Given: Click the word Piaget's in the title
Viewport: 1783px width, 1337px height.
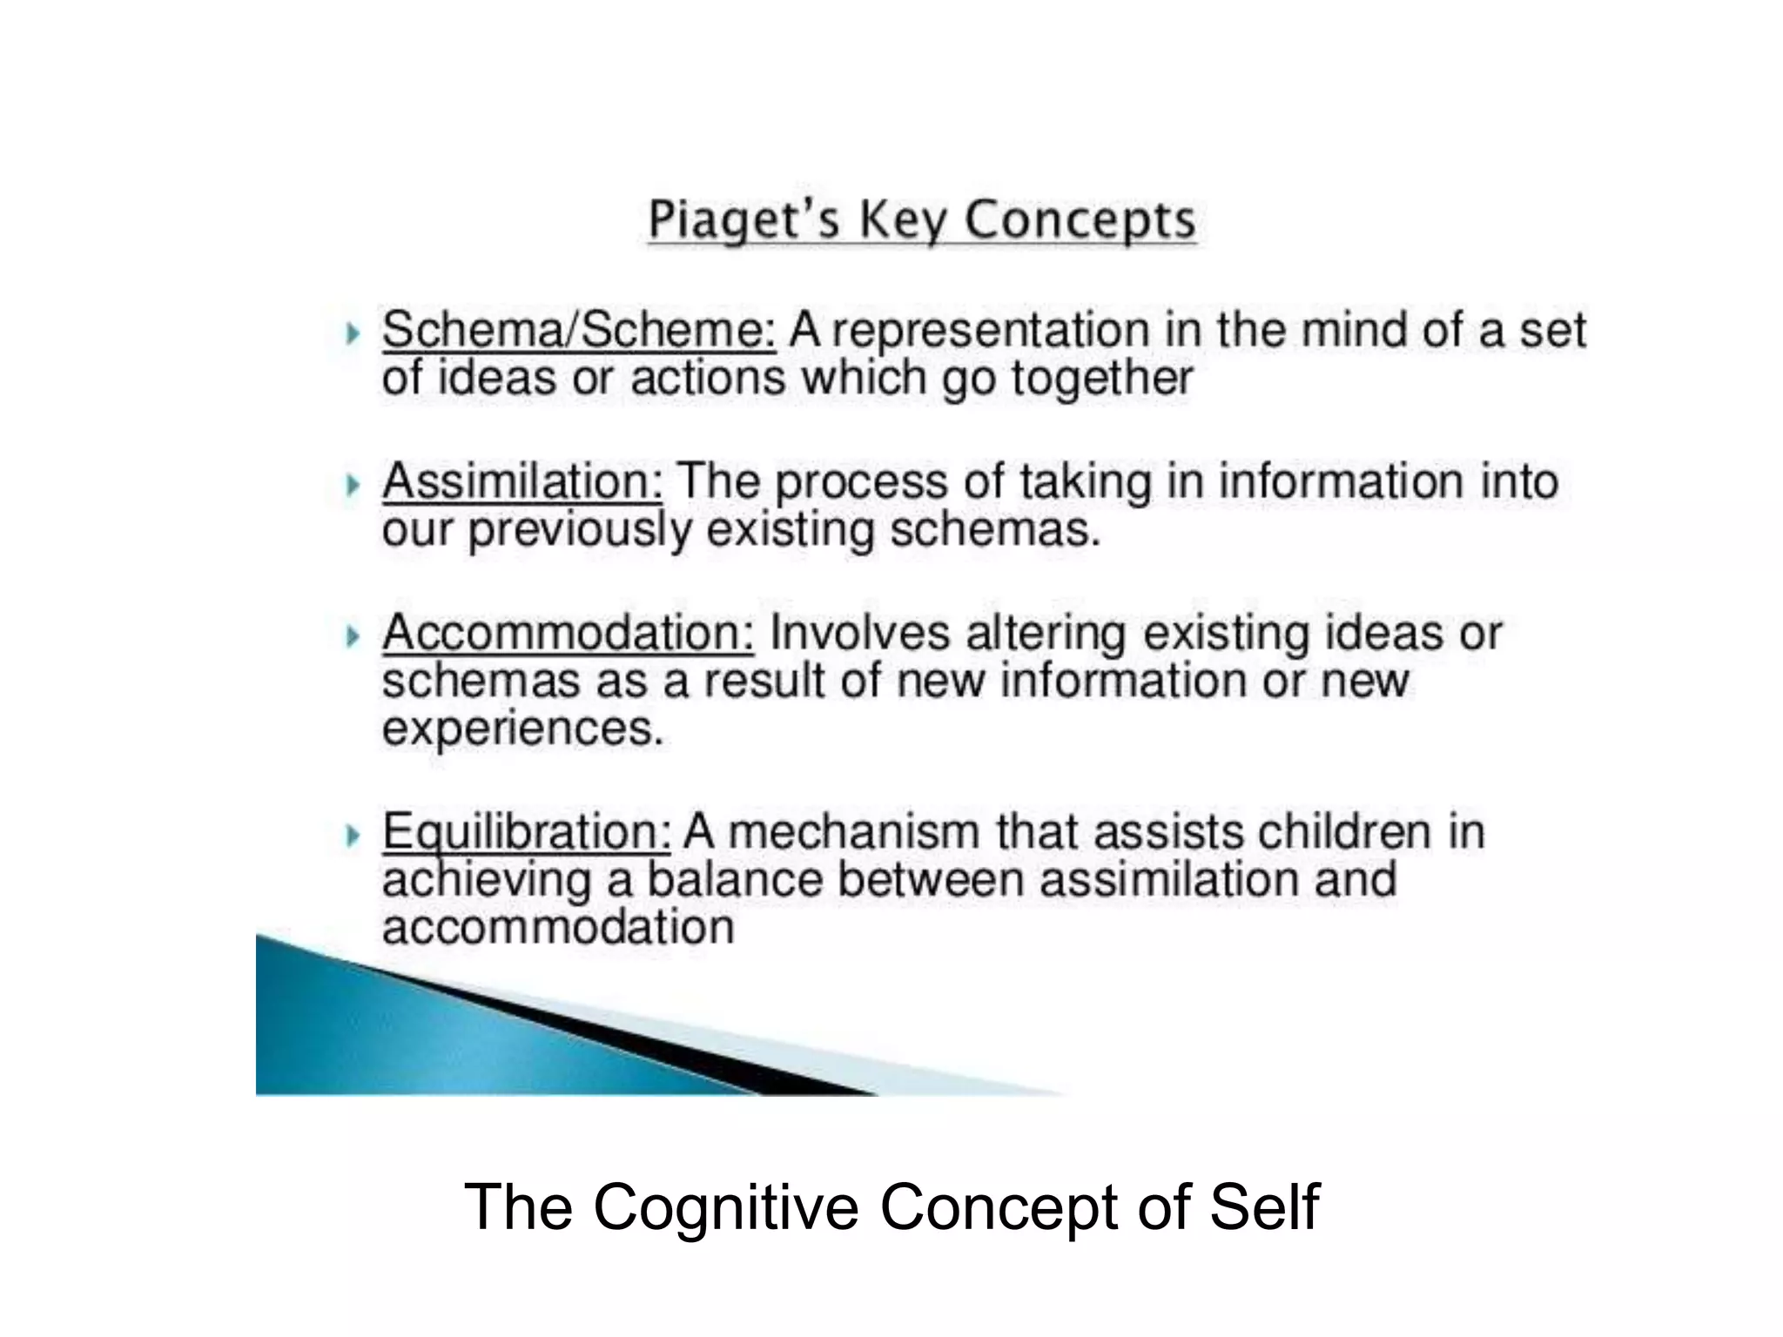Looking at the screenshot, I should [744, 219].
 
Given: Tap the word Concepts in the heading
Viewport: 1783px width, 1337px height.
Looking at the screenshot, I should [1080, 219].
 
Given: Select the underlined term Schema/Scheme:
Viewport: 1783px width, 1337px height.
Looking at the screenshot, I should [578, 331].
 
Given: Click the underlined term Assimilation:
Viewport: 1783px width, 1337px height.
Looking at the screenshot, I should [522, 481].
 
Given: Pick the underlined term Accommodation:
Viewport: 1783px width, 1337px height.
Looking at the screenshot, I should [568, 633].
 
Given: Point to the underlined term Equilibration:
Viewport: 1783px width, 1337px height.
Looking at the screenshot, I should [526, 831].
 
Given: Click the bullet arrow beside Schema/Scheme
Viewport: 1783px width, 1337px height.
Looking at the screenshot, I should [352, 333].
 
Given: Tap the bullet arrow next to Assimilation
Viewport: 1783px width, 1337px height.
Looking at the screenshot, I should [352, 484].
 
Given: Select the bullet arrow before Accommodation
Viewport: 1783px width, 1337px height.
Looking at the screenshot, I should [352, 635].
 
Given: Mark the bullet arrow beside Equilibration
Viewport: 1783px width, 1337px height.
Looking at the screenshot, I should [352, 835].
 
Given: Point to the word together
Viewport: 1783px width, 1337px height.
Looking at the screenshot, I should [1101, 379].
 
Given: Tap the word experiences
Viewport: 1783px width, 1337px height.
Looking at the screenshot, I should [522, 729].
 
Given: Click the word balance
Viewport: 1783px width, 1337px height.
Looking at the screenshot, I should [735, 879].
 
